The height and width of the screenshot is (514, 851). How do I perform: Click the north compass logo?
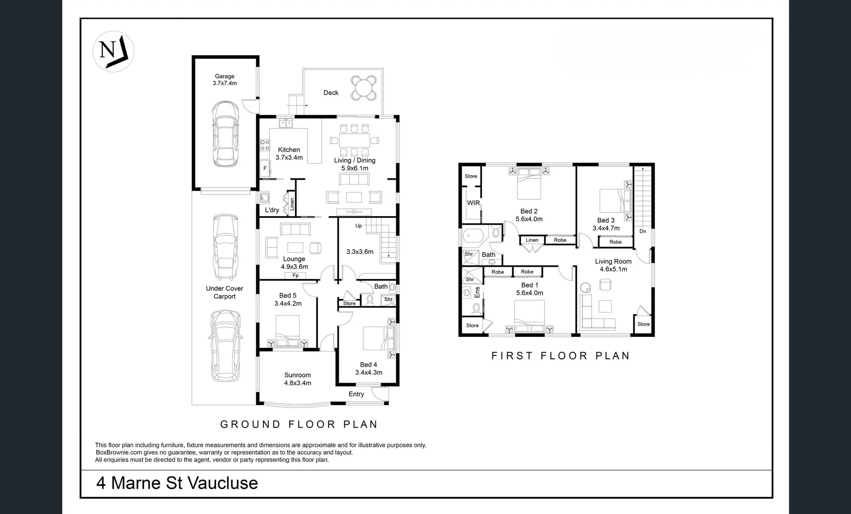113,51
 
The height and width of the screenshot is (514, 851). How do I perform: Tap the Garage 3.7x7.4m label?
225,79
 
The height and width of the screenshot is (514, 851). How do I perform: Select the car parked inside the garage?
225,134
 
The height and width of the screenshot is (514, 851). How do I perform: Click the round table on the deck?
364,88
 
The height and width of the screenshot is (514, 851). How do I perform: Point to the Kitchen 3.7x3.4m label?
289,153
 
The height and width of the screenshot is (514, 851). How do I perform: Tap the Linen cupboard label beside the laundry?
292,204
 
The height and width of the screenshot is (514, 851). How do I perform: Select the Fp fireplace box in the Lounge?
295,276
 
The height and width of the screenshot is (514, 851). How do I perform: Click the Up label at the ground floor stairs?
359,226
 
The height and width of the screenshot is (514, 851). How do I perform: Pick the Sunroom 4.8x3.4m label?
297,379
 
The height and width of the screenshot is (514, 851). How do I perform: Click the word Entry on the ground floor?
356,394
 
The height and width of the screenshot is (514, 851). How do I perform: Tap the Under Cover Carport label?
225,292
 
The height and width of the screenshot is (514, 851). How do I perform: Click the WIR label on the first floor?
473,203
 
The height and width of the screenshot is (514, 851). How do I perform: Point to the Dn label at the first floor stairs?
643,231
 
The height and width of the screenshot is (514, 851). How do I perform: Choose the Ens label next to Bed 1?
477,292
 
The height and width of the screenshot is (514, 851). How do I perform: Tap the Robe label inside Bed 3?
615,242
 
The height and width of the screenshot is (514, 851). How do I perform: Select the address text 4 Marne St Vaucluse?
177,483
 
